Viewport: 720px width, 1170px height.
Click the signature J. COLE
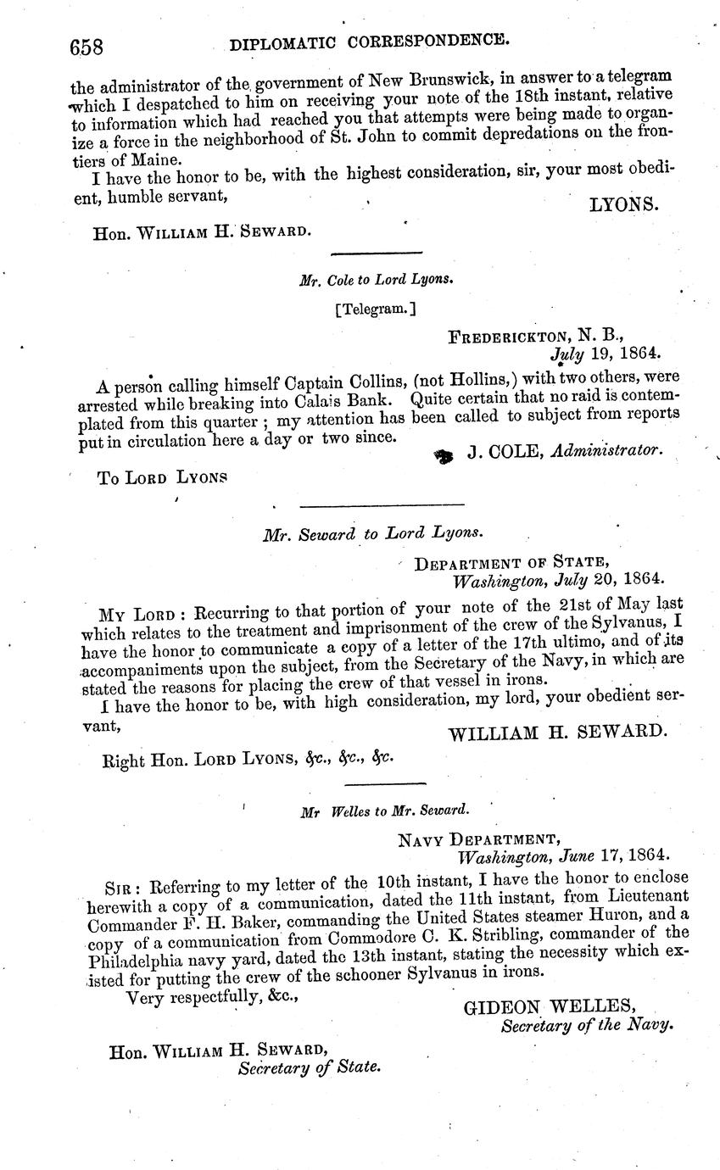coord(505,454)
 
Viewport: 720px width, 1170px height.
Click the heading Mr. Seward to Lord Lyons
coord(373,533)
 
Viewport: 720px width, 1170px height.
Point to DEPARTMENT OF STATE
coord(511,563)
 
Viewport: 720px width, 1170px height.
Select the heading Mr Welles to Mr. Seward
coord(384,811)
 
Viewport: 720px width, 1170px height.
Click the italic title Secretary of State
coord(309,1067)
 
